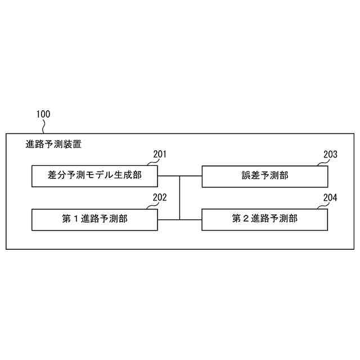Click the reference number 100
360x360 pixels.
(43, 114)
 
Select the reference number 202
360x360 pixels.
(160, 197)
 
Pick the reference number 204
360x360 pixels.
(330, 197)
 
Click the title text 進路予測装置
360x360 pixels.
(53, 144)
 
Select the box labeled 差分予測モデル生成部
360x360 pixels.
(94, 176)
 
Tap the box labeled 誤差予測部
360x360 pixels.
(264, 176)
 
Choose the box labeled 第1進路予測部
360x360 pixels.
(94, 219)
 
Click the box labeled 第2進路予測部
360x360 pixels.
(264, 219)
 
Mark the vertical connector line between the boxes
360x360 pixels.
(180, 197)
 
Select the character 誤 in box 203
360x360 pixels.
(245, 176)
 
